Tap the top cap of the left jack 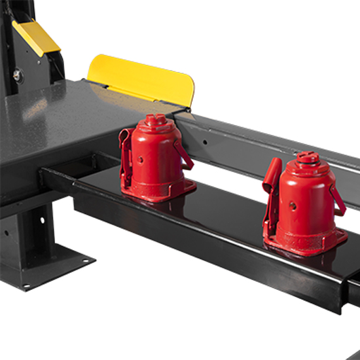[154, 120]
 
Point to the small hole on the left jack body [139, 158]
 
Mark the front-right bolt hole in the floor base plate [86, 261]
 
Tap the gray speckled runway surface [52, 118]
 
